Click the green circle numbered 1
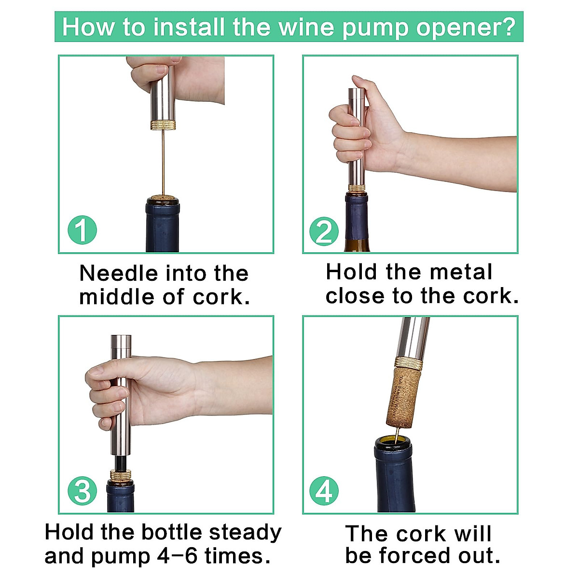click(x=82, y=230)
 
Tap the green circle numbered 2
click(x=324, y=232)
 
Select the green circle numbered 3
click(x=82, y=491)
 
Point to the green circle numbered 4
click(x=324, y=491)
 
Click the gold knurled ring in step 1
click(x=163, y=125)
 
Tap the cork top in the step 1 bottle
click(x=163, y=197)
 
